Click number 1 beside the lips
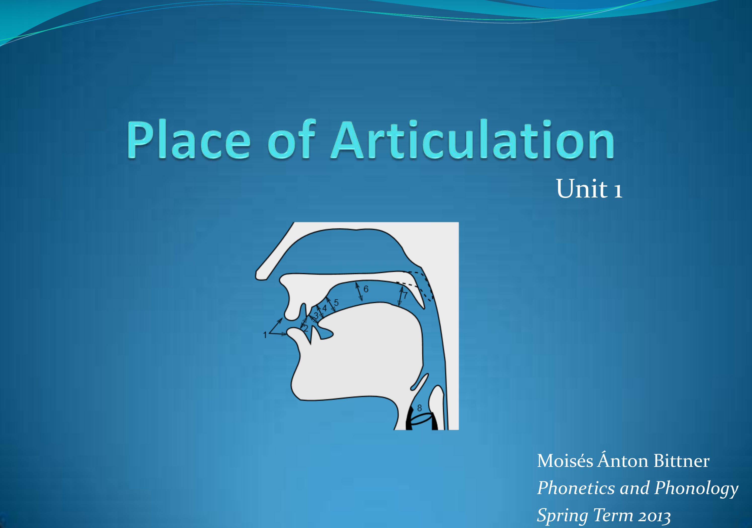pos(265,335)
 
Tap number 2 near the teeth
pos(306,328)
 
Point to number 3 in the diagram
pos(316,315)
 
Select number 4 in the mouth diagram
pos(325,308)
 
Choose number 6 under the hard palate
pos(366,289)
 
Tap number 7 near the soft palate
pos(405,295)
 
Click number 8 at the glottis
pos(419,408)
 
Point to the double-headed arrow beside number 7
pos(400,296)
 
